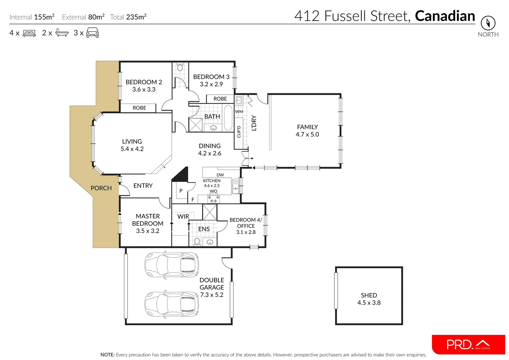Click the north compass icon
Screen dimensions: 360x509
point(488,23)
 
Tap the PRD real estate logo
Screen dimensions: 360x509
point(468,344)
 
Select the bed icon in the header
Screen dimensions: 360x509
point(29,33)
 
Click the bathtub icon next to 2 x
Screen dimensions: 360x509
point(62,33)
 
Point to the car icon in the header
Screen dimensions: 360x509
point(92,33)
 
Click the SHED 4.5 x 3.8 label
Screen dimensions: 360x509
point(369,299)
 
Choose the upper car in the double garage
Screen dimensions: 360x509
point(171,264)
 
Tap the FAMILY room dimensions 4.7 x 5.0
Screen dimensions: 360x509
point(307,134)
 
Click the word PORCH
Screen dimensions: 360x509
point(101,188)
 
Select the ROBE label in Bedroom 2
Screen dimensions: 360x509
point(139,108)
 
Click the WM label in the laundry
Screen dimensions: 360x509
point(239,112)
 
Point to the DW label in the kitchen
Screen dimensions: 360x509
point(220,175)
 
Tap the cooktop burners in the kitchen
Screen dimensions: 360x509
point(214,199)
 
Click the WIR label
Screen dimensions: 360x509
point(183,216)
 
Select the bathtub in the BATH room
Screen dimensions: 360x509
point(228,118)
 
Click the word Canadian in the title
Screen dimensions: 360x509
point(445,16)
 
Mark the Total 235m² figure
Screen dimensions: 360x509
point(128,17)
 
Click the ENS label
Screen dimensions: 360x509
point(204,229)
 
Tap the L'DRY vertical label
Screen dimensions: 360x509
point(254,123)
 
